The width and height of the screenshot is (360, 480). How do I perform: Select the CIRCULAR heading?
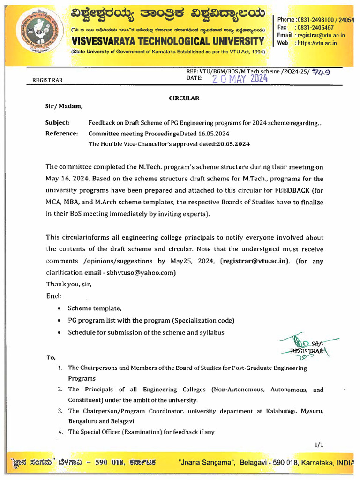pyautogui.click(x=184, y=98)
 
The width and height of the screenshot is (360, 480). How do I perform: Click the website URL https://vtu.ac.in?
pyautogui.click(x=318, y=43)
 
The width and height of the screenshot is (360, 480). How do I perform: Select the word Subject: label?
pyautogui.click(x=57, y=123)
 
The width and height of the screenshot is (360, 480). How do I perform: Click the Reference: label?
pyautogui.click(x=61, y=134)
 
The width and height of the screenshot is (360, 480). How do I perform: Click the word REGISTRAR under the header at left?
pyautogui.click(x=47, y=80)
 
